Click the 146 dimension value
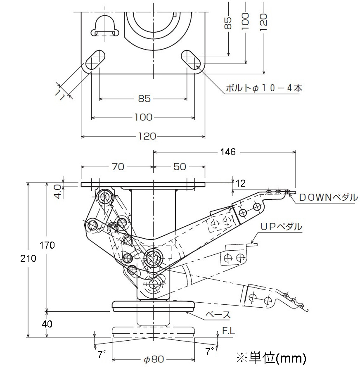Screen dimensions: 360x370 coord(228,152)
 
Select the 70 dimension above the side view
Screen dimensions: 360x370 coord(118,167)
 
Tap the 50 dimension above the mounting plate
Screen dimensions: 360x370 coord(180,167)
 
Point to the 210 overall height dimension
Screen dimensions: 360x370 coord(28,259)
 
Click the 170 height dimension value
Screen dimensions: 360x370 coord(47,245)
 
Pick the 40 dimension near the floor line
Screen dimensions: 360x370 coord(47,324)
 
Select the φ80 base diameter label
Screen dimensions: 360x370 coord(154,359)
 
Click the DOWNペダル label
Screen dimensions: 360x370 coord(328,197)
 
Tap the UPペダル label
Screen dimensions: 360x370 coord(281,227)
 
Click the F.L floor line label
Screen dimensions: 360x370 coord(228,331)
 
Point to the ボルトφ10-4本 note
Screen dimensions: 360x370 coord(264,88)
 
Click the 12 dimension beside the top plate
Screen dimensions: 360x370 coord(240,183)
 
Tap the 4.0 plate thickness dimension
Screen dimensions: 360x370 coord(59,191)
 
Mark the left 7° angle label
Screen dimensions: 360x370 coord(102,354)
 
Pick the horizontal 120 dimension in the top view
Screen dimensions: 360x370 coord(147,136)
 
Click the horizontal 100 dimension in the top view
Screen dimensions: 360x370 coord(143,117)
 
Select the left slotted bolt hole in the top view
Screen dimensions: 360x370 coord(95,60)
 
